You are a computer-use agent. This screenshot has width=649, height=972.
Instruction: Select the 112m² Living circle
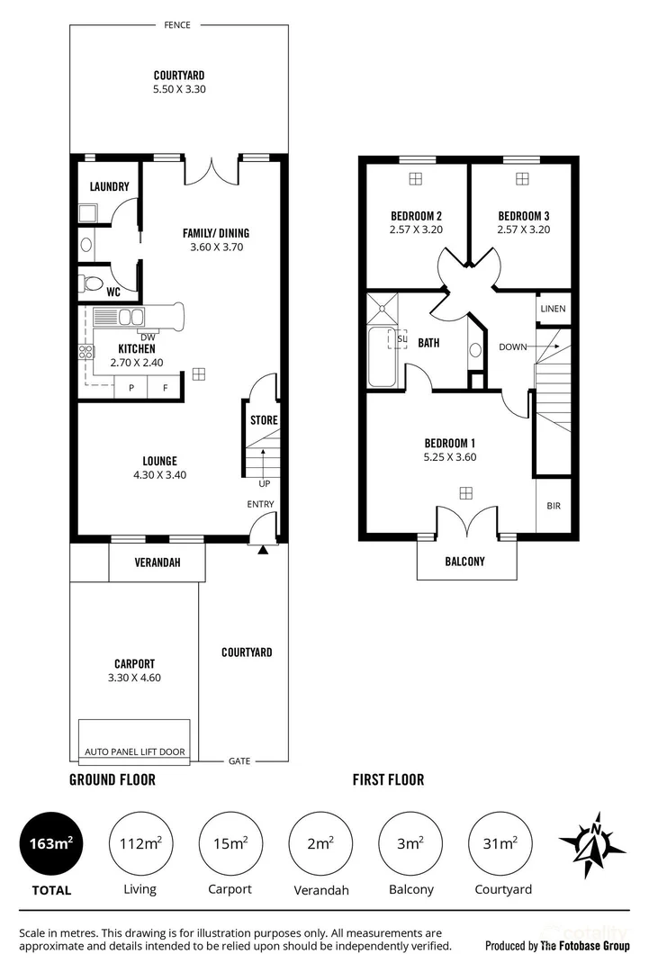coord(140,843)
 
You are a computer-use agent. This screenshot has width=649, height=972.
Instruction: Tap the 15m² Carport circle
coord(230,843)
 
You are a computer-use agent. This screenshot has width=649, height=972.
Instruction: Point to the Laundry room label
coord(110,187)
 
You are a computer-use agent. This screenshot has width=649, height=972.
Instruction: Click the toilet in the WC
coord(92,283)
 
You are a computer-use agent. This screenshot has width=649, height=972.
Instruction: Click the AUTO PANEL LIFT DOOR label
coord(134,751)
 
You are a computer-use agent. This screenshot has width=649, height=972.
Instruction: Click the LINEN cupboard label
coord(553,309)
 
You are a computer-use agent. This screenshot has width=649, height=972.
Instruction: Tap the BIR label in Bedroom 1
coord(553,506)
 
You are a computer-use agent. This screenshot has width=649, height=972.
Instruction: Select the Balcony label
coord(464,562)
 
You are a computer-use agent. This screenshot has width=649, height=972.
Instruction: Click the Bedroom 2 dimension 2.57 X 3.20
coord(415,229)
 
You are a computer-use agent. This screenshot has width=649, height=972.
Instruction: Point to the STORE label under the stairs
coord(264,420)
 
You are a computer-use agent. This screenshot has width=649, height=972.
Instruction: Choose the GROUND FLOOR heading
coord(113,780)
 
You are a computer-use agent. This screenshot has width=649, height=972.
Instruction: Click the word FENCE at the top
coord(177,25)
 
